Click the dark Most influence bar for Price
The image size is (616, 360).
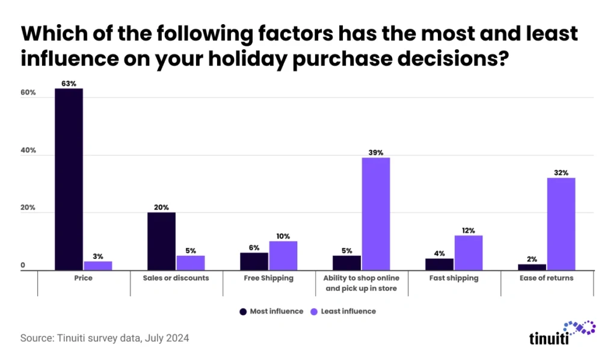tap(69, 179)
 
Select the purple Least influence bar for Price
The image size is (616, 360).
tap(97, 265)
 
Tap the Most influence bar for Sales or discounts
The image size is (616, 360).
tap(161, 241)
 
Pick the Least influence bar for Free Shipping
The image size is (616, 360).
tap(283, 256)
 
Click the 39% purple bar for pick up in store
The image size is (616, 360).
tap(375, 214)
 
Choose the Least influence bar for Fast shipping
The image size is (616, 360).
tap(468, 253)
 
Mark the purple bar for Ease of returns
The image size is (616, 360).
tap(561, 224)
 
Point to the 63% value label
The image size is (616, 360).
tap(69, 84)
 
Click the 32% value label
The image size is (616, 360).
tap(561, 173)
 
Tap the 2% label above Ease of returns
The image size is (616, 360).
tap(532, 259)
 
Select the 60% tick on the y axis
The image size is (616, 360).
tap(28, 93)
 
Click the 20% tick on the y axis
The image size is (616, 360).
tap(28, 208)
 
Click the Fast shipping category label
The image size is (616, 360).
tap(454, 278)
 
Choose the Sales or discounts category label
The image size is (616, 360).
tap(176, 278)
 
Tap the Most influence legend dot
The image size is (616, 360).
tap(243, 311)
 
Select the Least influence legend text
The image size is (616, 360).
tap(348, 311)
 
